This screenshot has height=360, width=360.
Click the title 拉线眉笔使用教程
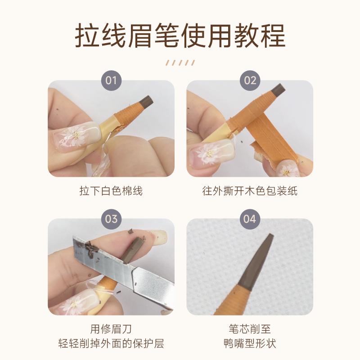(x=180, y=36)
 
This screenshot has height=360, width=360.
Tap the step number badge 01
(x=111, y=81)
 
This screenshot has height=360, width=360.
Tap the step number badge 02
(x=250, y=81)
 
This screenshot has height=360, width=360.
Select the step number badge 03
(x=111, y=219)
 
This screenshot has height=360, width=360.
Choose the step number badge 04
(x=250, y=219)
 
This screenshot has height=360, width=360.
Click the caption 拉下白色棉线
(x=111, y=191)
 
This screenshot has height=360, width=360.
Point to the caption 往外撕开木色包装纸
(x=250, y=191)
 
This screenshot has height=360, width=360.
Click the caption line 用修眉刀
(x=111, y=329)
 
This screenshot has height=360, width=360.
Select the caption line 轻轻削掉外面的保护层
(x=111, y=343)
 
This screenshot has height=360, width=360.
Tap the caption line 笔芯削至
(x=250, y=329)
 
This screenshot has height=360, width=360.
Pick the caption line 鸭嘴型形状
(x=250, y=343)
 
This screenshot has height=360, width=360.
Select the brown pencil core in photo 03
(x=131, y=250)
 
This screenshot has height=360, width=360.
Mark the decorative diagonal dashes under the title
(x=180, y=63)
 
